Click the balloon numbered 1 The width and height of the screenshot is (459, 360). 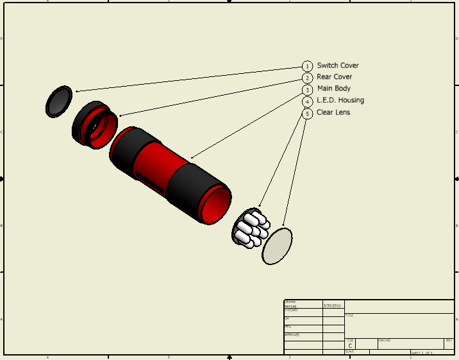pyautogui.click(x=308, y=66)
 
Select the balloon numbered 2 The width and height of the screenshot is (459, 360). pyautogui.click(x=308, y=78)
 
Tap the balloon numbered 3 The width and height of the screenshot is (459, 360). pyautogui.click(x=308, y=90)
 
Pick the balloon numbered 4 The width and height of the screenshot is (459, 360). pyautogui.click(x=308, y=101)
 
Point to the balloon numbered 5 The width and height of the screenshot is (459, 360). pyautogui.click(x=308, y=114)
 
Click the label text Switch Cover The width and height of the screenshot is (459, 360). pyautogui.click(x=338, y=65)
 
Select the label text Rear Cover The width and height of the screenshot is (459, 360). pyautogui.click(x=334, y=77)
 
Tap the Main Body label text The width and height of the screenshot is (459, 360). pyautogui.click(x=333, y=89)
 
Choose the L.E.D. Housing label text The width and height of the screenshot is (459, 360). pyautogui.click(x=340, y=100)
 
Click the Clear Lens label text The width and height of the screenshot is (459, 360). pyautogui.click(x=333, y=112)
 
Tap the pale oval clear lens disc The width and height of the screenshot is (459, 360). pyautogui.click(x=277, y=246)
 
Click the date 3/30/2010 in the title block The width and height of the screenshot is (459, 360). pyautogui.click(x=332, y=306)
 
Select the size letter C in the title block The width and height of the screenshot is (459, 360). pyautogui.click(x=350, y=345)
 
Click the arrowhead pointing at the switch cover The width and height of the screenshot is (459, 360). pyautogui.click(x=76, y=91)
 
